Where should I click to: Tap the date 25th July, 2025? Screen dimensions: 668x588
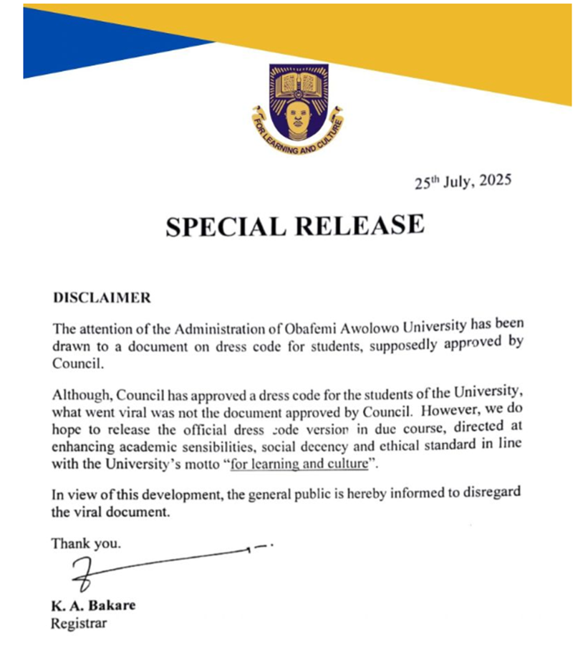[463, 181]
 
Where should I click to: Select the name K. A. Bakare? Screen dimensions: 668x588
[92, 606]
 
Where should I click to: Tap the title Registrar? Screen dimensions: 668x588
[78, 623]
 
